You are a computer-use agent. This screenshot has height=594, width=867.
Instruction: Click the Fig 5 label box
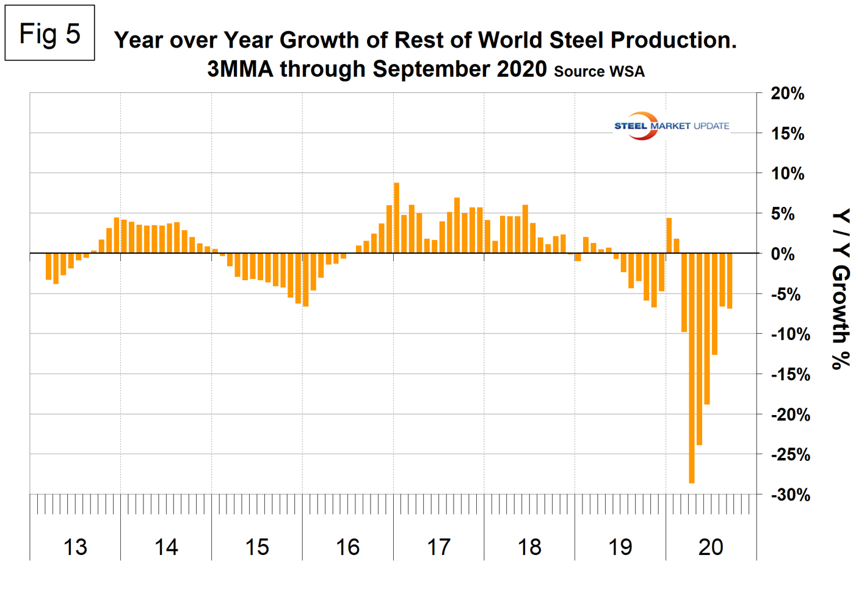(49, 33)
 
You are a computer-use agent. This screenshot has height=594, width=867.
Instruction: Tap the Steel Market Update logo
(671, 126)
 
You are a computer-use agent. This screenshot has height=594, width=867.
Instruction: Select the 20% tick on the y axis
(788, 93)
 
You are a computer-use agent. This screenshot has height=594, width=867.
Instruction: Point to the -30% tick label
(790, 494)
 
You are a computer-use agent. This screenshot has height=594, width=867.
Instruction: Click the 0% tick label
(783, 254)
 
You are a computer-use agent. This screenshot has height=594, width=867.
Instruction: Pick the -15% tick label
(790, 374)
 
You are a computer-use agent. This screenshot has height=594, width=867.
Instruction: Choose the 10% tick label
(788, 174)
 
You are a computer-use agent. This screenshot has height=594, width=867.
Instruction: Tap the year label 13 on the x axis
(75, 547)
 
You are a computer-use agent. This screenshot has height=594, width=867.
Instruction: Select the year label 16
(347, 547)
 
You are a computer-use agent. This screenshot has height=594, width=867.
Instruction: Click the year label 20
(711, 547)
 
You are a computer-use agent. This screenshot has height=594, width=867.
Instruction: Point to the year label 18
(529, 547)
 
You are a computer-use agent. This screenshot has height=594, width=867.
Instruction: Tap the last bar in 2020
(730, 281)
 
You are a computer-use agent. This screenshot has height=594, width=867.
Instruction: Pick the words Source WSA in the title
(599, 71)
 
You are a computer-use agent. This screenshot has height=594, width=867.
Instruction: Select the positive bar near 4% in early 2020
(669, 236)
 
